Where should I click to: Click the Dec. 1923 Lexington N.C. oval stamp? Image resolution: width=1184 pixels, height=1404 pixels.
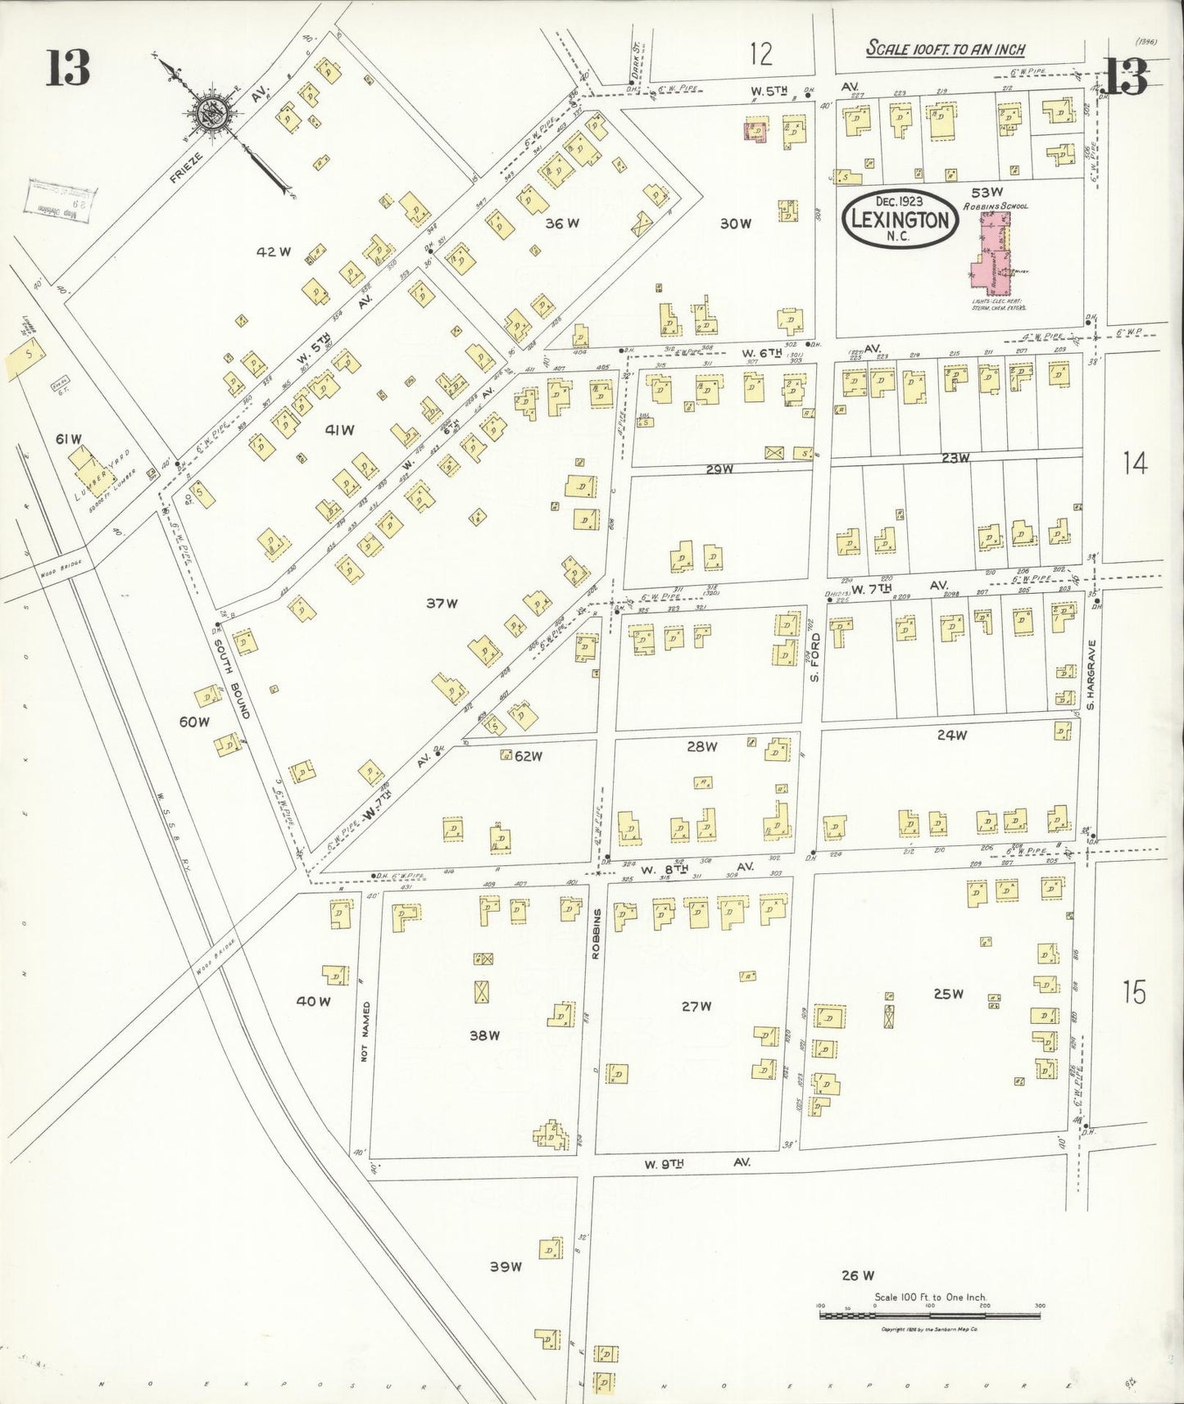click(x=900, y=219)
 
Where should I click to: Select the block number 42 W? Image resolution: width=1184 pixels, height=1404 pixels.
click(x=273, y=252)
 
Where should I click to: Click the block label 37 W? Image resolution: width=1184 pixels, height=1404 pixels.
click(x=441, y=604)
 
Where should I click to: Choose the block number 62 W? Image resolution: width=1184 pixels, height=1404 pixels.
click(x=528, y=756)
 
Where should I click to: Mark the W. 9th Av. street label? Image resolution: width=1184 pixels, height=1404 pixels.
click(x=696, y=1162)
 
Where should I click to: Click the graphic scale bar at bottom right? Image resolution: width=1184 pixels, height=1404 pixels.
click(x=929, y=1315)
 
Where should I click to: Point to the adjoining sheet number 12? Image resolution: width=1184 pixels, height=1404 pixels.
click(x=760, y=54)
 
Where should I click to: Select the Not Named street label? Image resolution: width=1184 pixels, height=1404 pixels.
click(x=365, y=1031)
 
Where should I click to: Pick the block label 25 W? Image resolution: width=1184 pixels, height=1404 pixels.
click(x=947, y=994)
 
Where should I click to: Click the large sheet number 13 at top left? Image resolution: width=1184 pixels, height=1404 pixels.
click(x=67, y=67)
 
